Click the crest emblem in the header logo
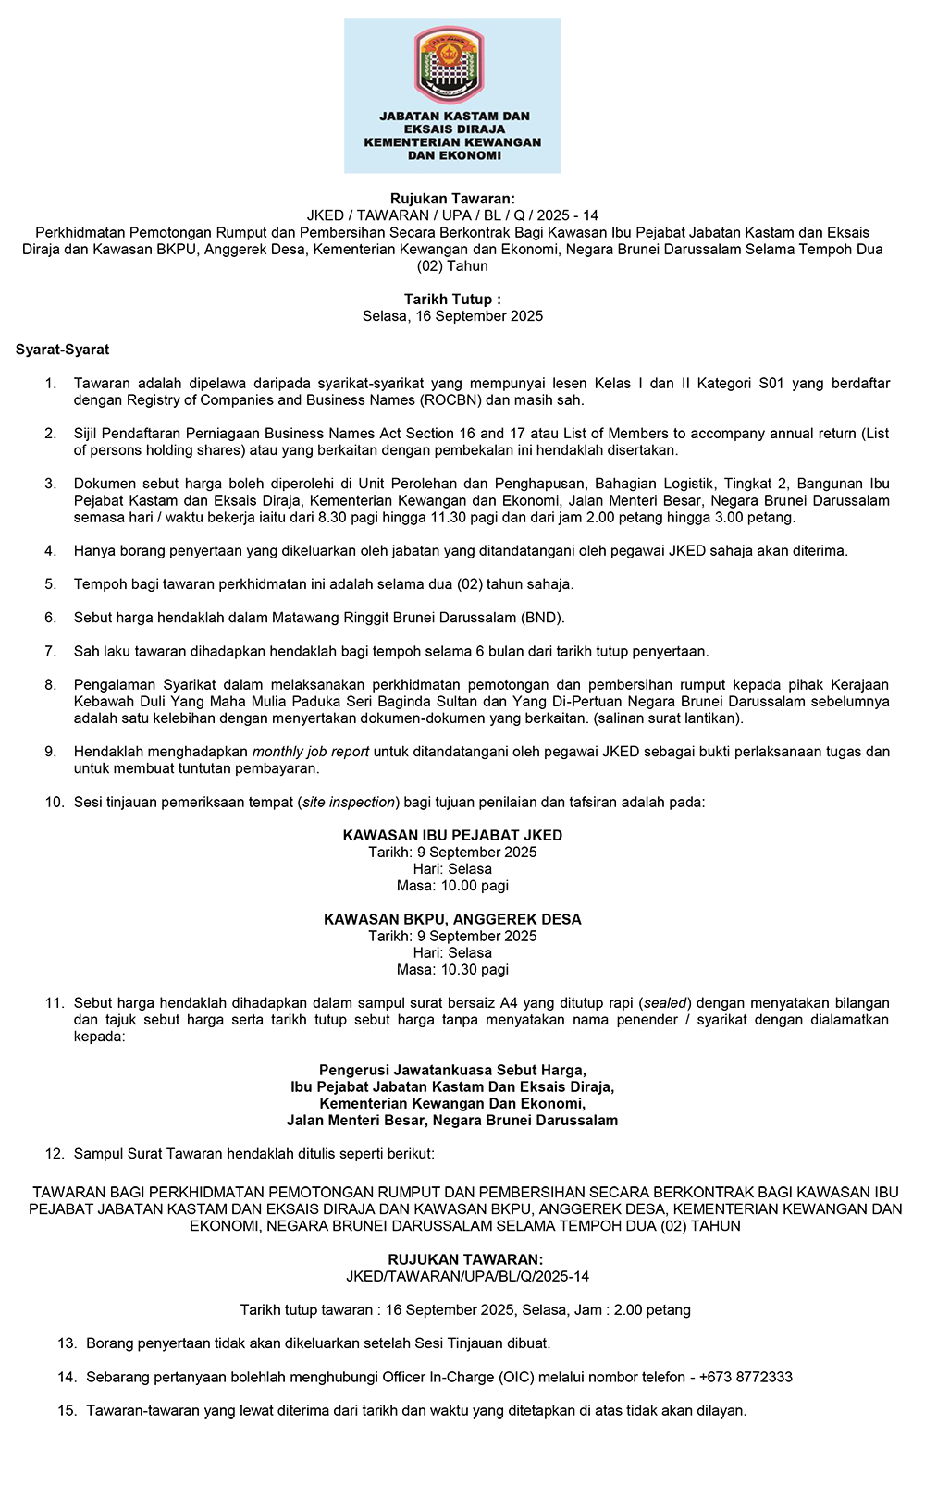[x=449, y=64]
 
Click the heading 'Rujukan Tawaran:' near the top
[x=452, y=199]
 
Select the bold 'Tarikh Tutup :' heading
[x=452, y=300]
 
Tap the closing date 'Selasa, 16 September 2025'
[x=452, y=316]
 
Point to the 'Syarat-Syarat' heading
[x=62, y=350]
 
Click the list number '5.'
[x=51, y=584]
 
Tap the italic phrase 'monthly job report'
[x=311, y=752]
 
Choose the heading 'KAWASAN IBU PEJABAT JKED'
[x=452, y=836]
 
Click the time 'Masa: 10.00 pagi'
[x=452, y=886]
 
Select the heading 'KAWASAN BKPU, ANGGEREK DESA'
[x=452, y=920]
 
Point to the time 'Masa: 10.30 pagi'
[x=452, y=970]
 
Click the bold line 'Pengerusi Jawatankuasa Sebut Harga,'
[x=452, y=1071]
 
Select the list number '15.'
[x=67, y=1411]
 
